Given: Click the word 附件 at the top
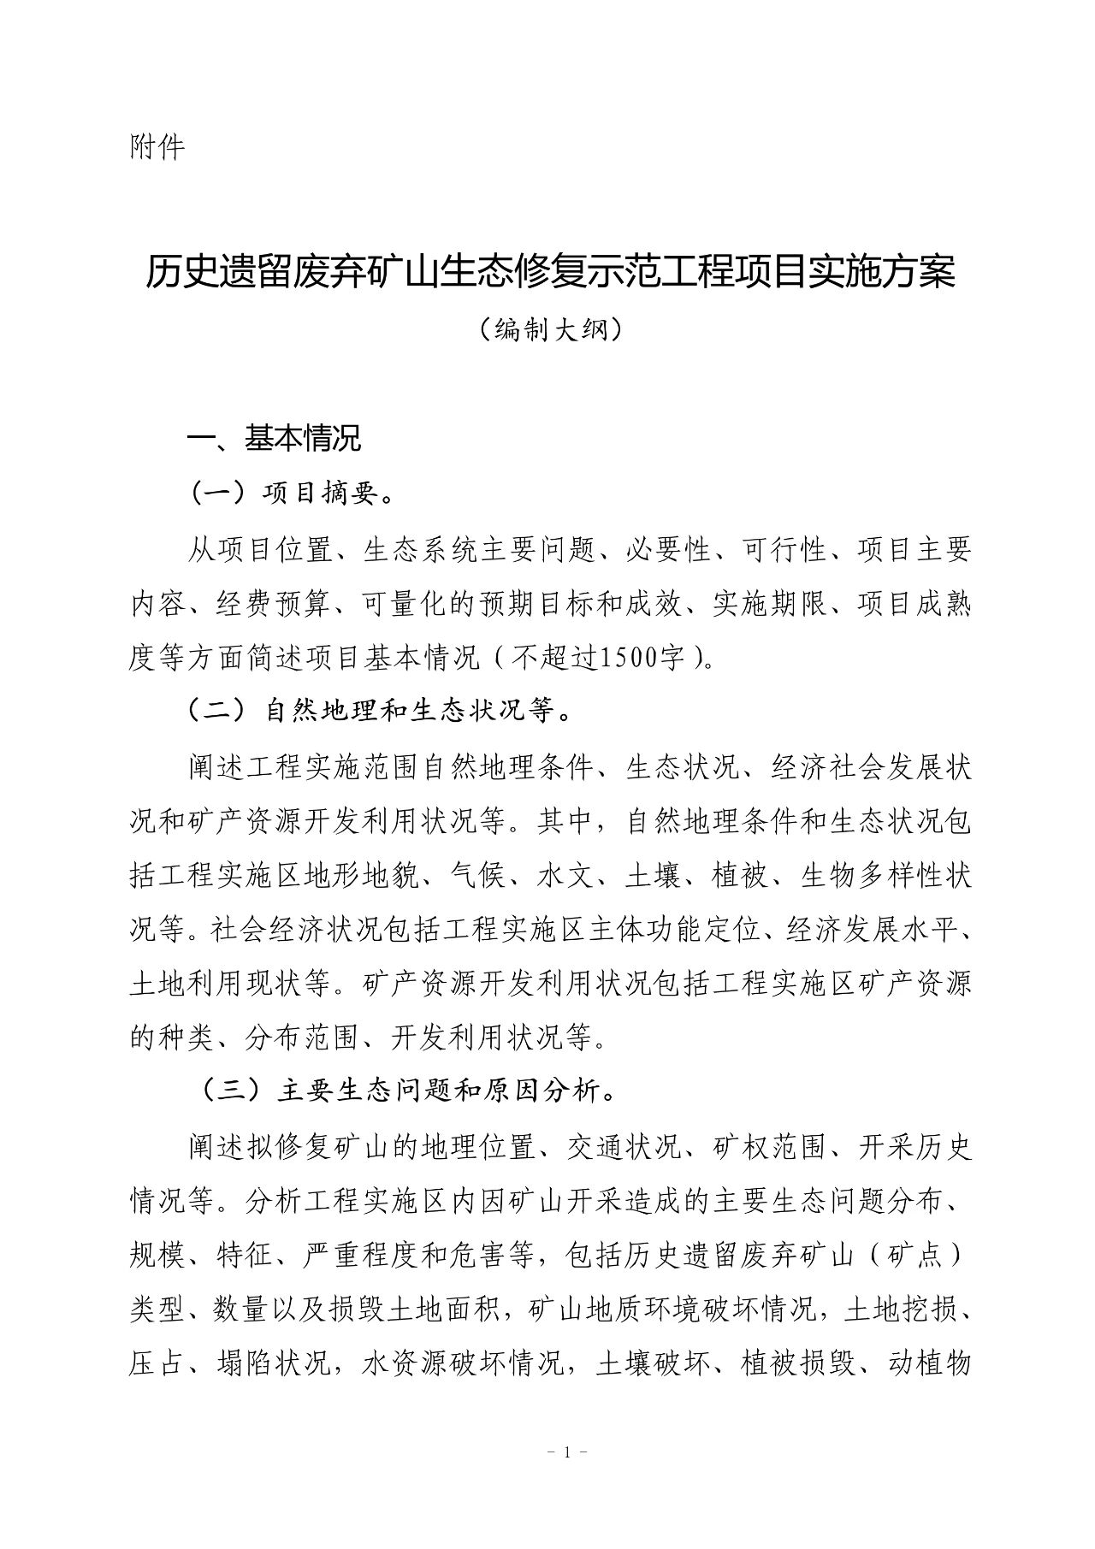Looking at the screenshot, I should coord(157,148).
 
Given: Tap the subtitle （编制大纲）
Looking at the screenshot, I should coord(548,329).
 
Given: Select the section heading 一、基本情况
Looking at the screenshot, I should coord(275,439).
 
